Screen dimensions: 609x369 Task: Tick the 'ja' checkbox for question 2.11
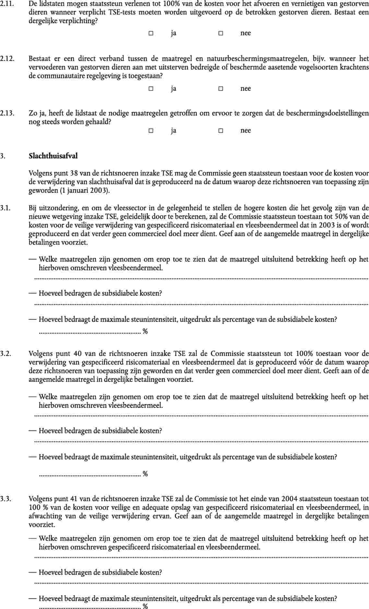pos(151,33)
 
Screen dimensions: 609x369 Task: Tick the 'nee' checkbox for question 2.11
pos(220,33)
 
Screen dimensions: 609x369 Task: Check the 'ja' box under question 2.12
pos(151,89)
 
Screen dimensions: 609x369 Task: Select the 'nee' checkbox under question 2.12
pos(220,89)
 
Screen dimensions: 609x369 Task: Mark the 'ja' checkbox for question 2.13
pos(151,131)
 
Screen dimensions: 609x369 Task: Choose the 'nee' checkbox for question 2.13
pos(220,131)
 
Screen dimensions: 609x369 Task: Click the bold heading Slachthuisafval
pos(53,156)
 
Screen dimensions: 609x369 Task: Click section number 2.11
pos(7,4)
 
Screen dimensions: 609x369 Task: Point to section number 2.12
pos(7,59)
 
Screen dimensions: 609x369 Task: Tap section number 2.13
pos(7,113)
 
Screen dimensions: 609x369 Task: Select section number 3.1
pos(6,208)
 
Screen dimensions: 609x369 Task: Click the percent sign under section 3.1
pos(145,332)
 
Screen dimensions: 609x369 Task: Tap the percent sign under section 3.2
pos(145,474)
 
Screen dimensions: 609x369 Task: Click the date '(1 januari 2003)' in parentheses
pos(85,190)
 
